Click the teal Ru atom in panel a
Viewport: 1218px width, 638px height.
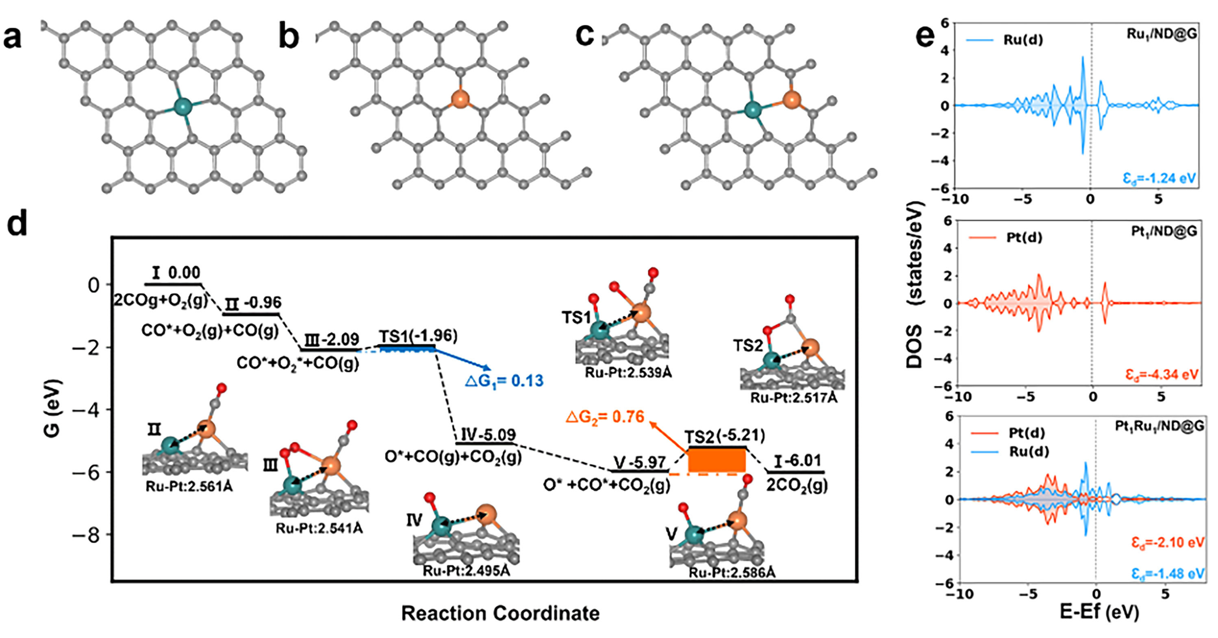pos(182,106)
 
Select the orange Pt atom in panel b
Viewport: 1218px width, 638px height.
pos(460,99)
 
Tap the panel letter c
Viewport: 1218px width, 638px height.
pos(585,36)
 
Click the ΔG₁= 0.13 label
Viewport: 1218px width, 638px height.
pos(504,380)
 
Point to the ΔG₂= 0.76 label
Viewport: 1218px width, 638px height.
pos(605,417)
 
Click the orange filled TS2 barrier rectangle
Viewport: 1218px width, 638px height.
pos(717,460)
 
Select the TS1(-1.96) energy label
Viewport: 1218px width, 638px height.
pos(418,336)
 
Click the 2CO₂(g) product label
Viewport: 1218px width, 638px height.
pos(797,485)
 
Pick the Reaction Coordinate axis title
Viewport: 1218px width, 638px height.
pos(500,613)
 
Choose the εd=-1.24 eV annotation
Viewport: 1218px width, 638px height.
pos(1159,179)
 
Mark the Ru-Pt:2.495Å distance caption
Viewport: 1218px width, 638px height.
pos(466,571)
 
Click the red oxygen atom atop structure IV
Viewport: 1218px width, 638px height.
pos(429,498)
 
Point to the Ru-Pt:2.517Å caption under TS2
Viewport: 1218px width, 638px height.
pos(793,398)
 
